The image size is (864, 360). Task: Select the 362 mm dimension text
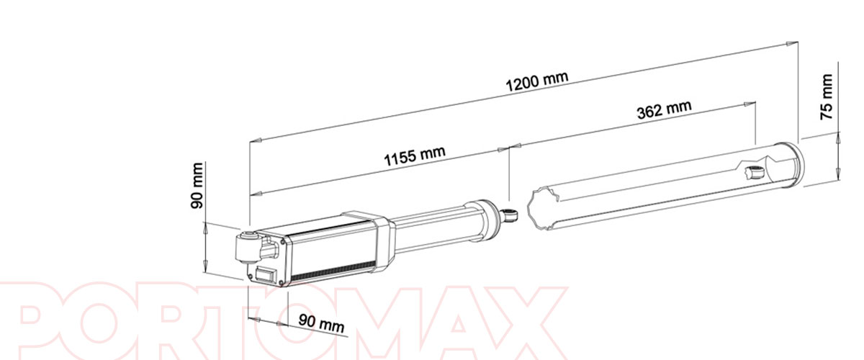pos(664,110)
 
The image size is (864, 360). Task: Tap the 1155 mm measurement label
pos(415,156)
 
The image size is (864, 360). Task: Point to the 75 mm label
pos(826,97)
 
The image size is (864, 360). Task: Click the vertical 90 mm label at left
pos(197,186)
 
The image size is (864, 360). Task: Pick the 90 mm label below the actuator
pos(321,323)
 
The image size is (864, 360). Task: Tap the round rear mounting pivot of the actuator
pos(247,247)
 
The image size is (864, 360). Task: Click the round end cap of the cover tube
pos(796,164)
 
